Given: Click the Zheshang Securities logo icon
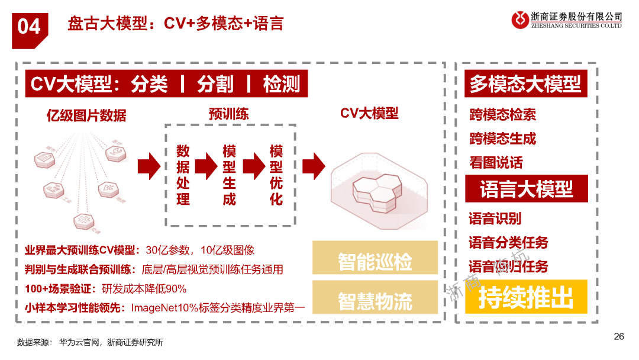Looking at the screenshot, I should (x=521, y=20).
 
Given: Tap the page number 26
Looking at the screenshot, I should (x=618, y=336).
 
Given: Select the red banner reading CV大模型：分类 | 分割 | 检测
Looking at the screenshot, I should (x=166, y=84).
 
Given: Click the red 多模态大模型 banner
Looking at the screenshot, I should (x=525, y=84).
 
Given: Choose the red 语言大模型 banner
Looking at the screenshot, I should (x=526, y=189).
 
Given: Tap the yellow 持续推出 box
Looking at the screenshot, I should (x=526, y=297).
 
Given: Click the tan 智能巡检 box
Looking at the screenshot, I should (x=375, y=262).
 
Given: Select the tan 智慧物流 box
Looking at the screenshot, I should (x=375, y=301).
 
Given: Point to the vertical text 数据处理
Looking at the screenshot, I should (x=183, y=175).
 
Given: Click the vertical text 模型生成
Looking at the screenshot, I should (x=229, y=175).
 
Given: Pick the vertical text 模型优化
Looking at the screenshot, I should (x=276, y=175).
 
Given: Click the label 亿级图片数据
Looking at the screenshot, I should (x=86, y=115).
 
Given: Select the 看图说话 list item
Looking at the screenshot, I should (x=496, y=163).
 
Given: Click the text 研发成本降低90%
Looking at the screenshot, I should (x=144, y=289).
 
